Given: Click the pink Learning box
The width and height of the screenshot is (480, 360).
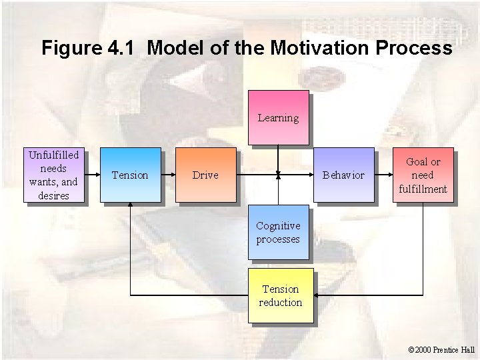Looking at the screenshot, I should click(x=278, y=118).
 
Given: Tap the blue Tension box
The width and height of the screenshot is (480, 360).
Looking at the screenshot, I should click(x=130, y=175).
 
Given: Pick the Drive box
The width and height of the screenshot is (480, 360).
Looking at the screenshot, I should click(x=205, y=175).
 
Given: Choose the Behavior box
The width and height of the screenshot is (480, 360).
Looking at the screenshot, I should click(x=343, y=175).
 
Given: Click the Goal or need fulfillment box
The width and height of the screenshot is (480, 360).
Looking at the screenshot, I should click(x=423, y=175).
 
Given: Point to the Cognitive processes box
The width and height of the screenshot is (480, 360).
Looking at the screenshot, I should click(x=278, y=233).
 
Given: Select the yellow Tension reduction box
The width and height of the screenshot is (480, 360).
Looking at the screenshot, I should click(x=281, y=295).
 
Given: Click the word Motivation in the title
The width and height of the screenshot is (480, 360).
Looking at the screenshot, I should click(x=321, y=49).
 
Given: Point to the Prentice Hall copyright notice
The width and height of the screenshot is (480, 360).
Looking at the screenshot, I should click(x=441, y=349).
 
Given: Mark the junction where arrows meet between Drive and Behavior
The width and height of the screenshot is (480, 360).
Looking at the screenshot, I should click(x=278, y=175).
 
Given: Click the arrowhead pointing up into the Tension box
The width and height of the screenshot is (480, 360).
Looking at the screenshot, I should click(x=131, y=205).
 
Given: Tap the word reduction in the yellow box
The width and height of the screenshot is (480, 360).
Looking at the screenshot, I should click(x=281, y=302).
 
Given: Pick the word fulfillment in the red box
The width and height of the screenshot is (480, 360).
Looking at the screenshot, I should click(x=423, y=188).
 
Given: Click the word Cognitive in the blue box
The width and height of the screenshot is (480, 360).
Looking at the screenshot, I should click(x=278, y=226).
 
